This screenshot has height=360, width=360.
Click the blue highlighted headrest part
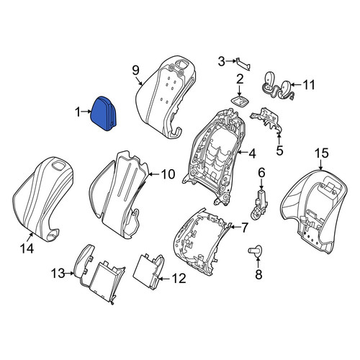[x=103, y=114]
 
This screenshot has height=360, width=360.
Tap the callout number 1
[x=77, y=112]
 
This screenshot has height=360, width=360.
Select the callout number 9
[x=135, y=71]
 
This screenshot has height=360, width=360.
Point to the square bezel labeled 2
[x=240, y=101]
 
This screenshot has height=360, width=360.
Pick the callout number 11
[x=309, y=85]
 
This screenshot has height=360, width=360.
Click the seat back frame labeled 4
[x=214, y=157]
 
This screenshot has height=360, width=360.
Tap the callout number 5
[x=279, y=150]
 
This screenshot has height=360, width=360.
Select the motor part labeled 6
[x=259, y=204]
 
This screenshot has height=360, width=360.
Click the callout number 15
[x=322, y=153]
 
